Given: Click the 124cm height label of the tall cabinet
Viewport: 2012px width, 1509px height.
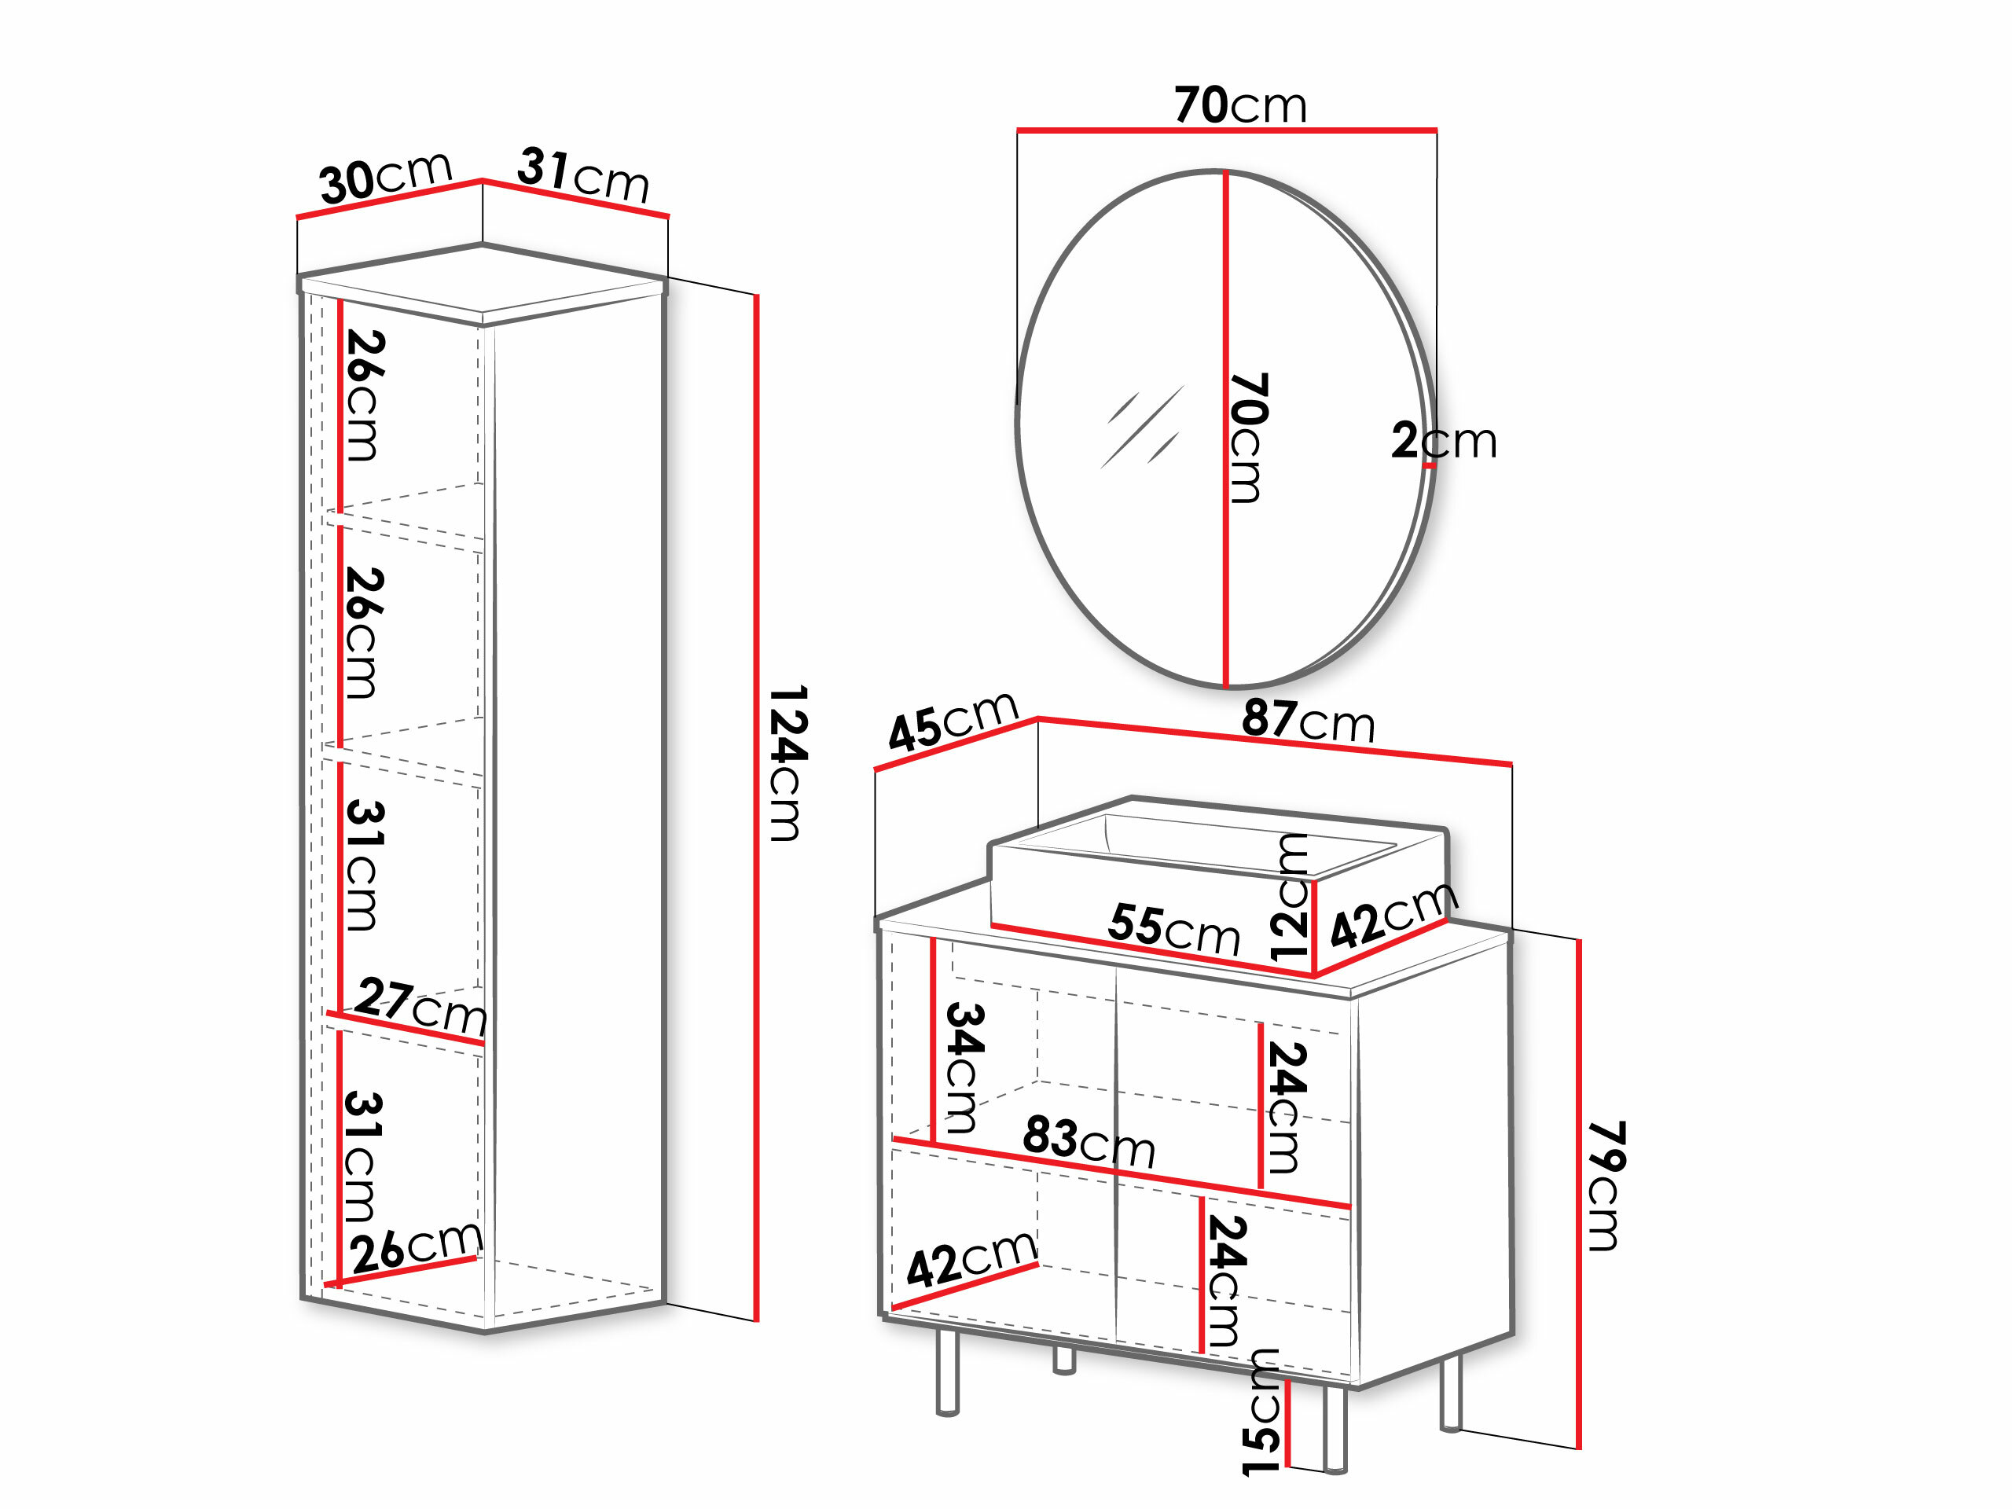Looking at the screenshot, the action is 788,763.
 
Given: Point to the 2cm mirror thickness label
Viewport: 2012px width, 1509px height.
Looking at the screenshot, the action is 1444,440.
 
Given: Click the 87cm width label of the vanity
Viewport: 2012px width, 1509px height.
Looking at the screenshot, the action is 1308,721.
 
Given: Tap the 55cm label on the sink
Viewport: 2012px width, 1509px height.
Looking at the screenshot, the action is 1174,929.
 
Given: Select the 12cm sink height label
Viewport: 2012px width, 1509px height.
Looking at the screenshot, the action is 1289,898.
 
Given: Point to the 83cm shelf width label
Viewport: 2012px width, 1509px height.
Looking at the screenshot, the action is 1089,1141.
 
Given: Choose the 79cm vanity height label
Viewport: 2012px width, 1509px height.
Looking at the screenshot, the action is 1606,1186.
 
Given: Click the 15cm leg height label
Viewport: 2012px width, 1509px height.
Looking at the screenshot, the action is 1261,1412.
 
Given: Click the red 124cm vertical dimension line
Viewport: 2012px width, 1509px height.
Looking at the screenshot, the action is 756,808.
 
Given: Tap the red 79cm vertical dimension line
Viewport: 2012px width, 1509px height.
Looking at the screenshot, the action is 1579,1193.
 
